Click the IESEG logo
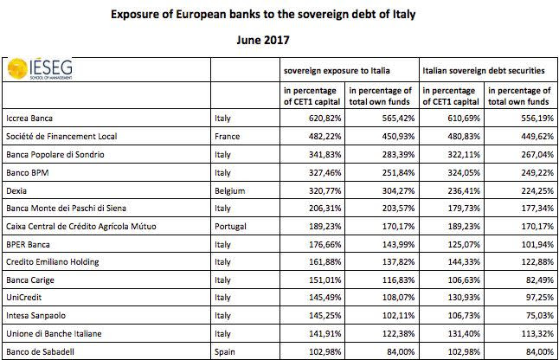[40, 68]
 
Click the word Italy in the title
[404, 14]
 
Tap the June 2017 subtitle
[263, 40]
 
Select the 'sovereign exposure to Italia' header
[337, 71]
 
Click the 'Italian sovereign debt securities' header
[484, 71]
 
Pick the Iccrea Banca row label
[29, 119]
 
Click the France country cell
[227, 137]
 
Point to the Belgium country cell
[229, 190]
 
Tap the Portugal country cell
[230, 227]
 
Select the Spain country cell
[225, 352]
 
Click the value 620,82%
[324, 119]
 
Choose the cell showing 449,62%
[537, 137]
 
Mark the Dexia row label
[16, 190]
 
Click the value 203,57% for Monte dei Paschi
[398, 209]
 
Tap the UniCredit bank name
[24, 298]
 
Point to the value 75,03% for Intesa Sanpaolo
[540, 316]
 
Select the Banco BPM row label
[28, 173]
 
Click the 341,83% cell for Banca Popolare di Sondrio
[324, 155]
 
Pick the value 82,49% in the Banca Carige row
[540, 280]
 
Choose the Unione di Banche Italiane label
[54, 334]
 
